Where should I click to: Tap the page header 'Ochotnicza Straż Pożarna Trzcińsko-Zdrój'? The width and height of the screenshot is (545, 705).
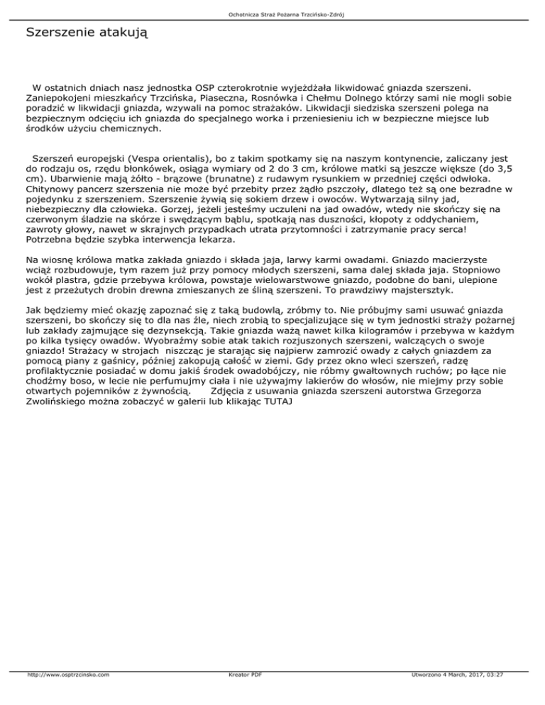coord(272,13)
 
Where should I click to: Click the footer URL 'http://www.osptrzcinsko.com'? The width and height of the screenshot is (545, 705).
coord(68,695)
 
